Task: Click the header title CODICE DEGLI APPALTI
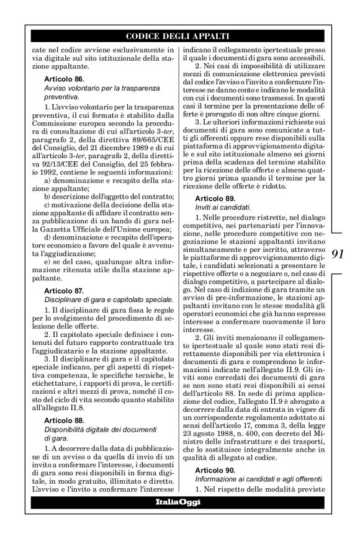pos(179,36)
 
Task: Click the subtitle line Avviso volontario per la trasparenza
pos(99,89)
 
